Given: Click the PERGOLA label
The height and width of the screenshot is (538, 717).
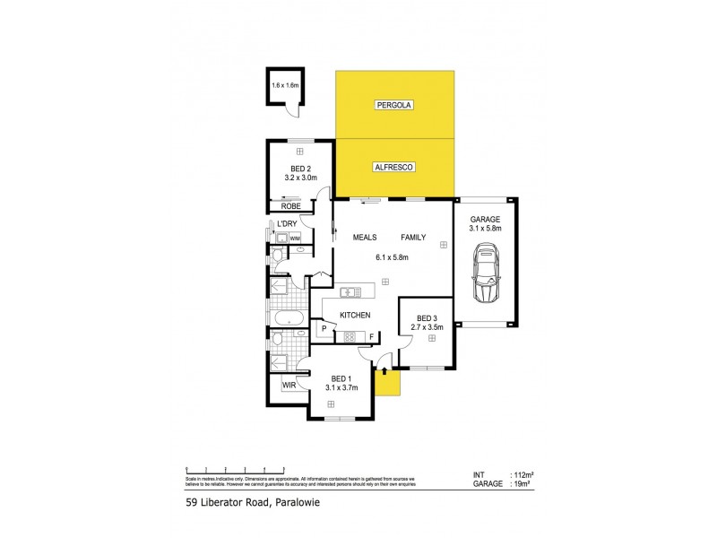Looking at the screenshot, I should pyautogui.click(x=394, y=105).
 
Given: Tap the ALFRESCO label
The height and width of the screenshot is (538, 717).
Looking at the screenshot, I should pyautogui.click(x=394, y=167).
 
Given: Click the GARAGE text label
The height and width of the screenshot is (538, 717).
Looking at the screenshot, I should pyautogui.click(x=485, y=219).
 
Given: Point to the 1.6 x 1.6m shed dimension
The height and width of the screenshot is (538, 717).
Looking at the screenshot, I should pyautogui.click(x=282, y=86).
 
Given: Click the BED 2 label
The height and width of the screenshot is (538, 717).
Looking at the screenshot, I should pyautogui.click(x=301, y=169).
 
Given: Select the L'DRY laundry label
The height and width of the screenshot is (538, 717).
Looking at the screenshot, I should pyautogui.click(x=287, y=223).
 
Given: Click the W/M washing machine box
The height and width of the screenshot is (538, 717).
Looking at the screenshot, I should pyautogui.click(x=295, y=239).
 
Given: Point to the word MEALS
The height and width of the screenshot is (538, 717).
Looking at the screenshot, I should pyautogui.click(x=363, y=238).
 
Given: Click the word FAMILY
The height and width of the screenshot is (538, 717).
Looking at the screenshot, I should pyautogui.click(x=413, y=238).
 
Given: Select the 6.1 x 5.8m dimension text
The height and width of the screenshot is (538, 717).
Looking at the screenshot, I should pyautogui.click(x=392, y=258).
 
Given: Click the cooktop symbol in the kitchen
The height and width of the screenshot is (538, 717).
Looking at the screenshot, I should pyautogui.click(x=350, y=337).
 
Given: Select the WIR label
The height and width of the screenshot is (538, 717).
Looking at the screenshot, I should pyautogui.click(x=289, y=386).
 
